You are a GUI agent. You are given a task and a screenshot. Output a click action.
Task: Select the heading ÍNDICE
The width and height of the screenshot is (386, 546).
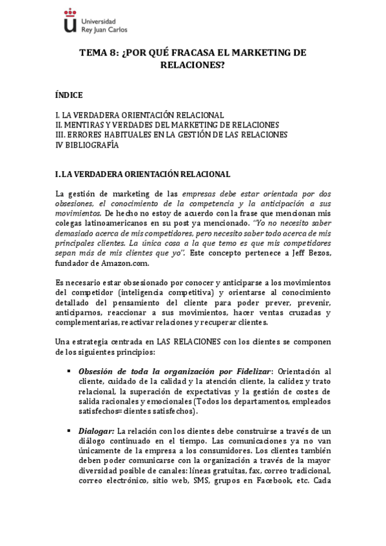[x=69, y=95]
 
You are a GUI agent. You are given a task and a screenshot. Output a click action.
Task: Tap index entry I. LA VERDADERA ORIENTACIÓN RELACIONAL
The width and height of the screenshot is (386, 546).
[x=140, y=115]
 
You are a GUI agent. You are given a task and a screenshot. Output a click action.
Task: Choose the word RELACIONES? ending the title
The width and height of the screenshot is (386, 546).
[x=193, y=65]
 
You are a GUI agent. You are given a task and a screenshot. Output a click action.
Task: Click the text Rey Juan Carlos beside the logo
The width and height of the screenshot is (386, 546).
[x=104, y=29]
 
